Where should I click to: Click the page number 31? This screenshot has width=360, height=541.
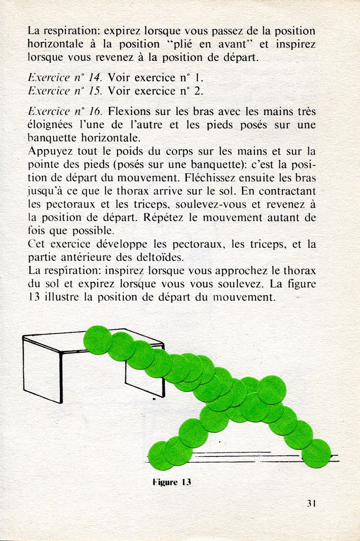(x=312, y=503)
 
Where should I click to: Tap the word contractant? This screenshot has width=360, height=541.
(x=288, y=191)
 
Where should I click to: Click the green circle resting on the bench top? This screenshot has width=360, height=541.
(x=98, y=339)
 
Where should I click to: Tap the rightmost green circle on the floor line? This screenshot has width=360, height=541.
(x=316, y=453)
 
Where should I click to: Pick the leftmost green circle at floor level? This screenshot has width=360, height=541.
(x=161, y=456)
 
